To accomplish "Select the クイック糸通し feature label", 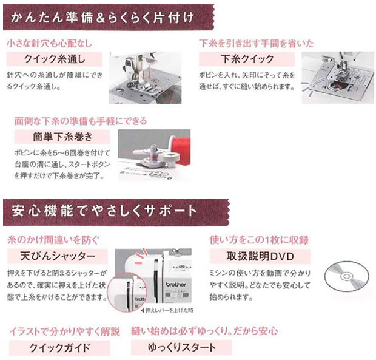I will [x=54, y=59].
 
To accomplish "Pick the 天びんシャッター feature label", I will [x=58, y=255].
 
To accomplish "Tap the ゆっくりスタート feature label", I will [x=181, y=347].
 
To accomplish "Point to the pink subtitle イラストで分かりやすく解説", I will [x=64, y=331].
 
